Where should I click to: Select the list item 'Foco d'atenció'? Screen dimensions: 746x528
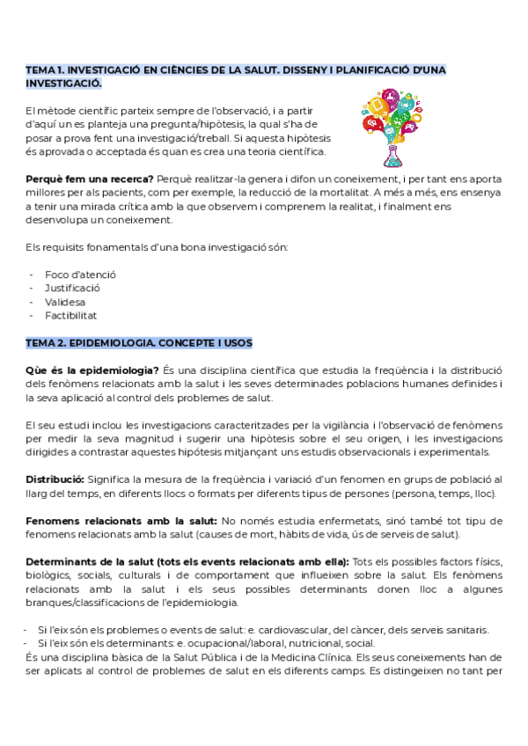(x=80, y=274)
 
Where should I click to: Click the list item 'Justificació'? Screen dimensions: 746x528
(x=72, y=288)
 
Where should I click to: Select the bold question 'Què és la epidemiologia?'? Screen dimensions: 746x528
(x=92, y=369)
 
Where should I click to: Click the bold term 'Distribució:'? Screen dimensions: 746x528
(x=55, y=479)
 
